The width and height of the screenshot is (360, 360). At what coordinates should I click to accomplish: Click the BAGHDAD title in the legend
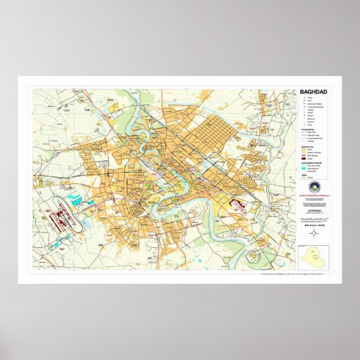coord(313,92)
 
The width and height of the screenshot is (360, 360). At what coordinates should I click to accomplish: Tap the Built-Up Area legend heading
coord(309,145)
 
